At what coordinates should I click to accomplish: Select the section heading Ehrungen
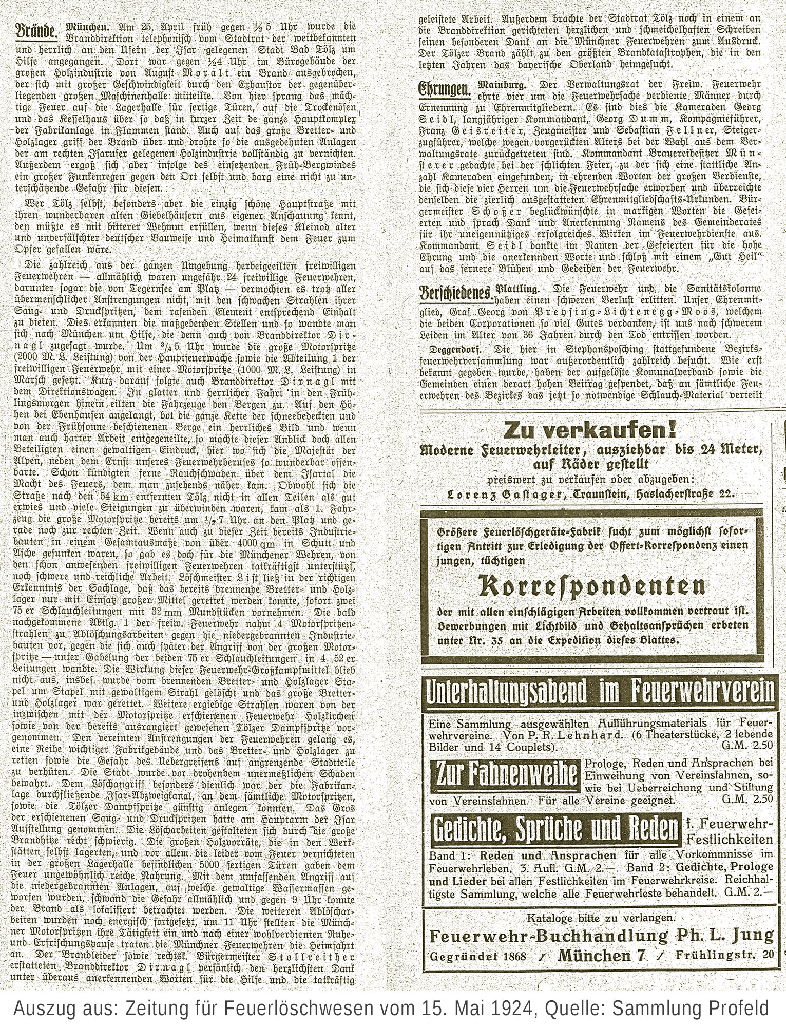coord(444,89)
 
